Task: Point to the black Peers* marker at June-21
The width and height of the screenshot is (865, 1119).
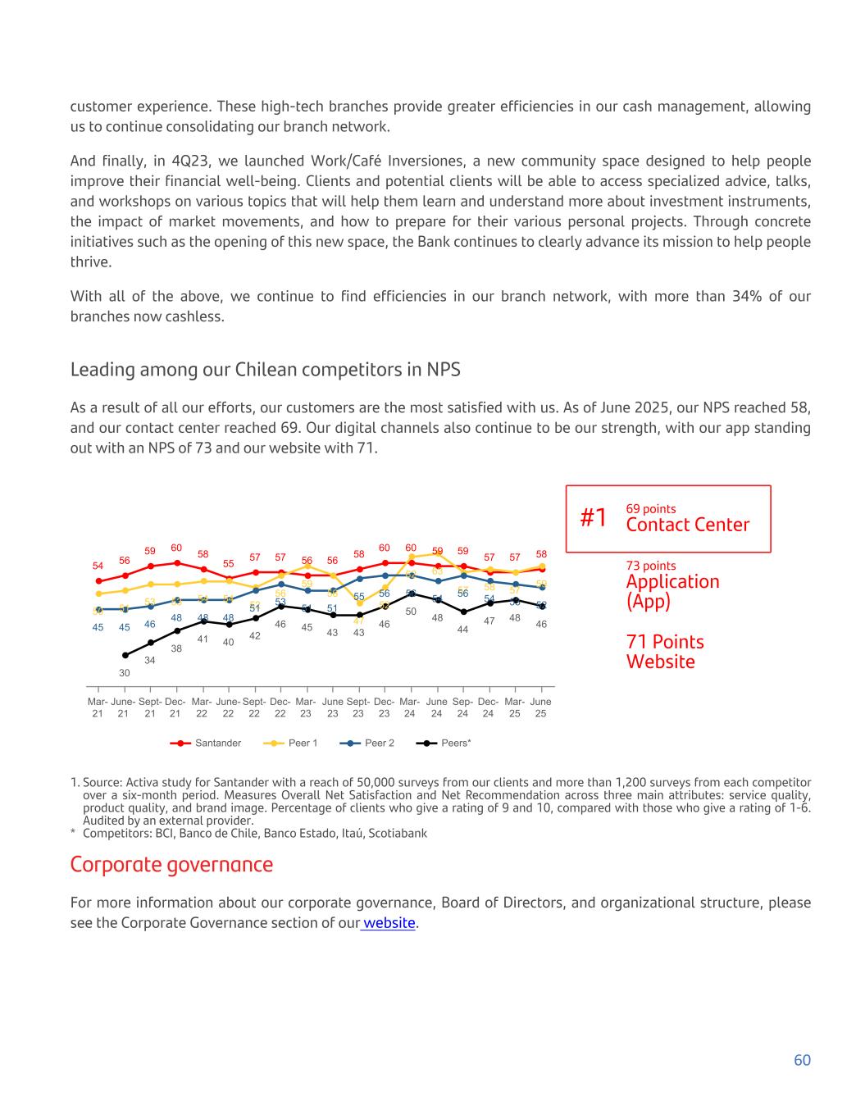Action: [x=125, y=655]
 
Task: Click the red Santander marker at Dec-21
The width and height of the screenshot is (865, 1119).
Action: [x=176, y=562]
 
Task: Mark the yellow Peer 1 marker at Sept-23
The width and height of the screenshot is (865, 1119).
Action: [x=359, y=603]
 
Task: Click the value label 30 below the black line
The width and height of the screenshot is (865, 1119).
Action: [x=125, y=673]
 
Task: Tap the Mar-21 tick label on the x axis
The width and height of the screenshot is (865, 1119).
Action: [x=98, y=707]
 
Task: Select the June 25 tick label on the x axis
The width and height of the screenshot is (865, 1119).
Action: [x=540, y=707]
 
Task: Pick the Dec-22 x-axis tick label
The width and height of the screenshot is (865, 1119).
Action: [x=280, y=707]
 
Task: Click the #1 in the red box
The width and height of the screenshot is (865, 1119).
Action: [x=594, y=518]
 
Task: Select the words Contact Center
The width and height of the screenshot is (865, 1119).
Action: [x=687, y=525]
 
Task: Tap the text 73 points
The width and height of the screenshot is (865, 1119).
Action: [x=651, y=566]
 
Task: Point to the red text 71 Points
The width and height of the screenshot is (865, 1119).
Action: [x=665, y=642]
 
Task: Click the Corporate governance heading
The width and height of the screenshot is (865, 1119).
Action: [x=171, y=865]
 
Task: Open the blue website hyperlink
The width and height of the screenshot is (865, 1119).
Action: [x=389, y=923]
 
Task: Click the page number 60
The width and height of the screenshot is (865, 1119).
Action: [x=802, y=1060]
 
